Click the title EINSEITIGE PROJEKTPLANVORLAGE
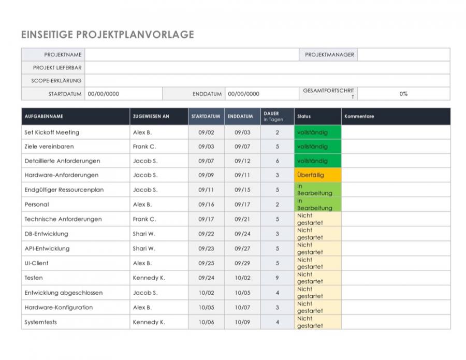[x=108, y=35]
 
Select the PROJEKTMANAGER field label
[x=329, y=54]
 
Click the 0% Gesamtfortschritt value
[x=403, y=94]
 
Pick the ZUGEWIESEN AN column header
[x=151, y=117]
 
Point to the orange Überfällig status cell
[x=317, y=175]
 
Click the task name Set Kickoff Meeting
[x=52, y=132]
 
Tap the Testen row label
[x=34, y=278]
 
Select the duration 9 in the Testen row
[x=277, y=278]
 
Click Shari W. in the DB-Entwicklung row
[x=144, y=234]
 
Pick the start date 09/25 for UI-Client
[x=206, y=263]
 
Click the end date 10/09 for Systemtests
[x=242, y=322]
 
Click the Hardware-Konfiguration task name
[x=59, y=307]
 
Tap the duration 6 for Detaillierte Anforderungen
[x=277, y=161]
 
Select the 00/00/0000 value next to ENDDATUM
[x=243, y=94]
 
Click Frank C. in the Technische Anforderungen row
[x=144, y=219]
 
